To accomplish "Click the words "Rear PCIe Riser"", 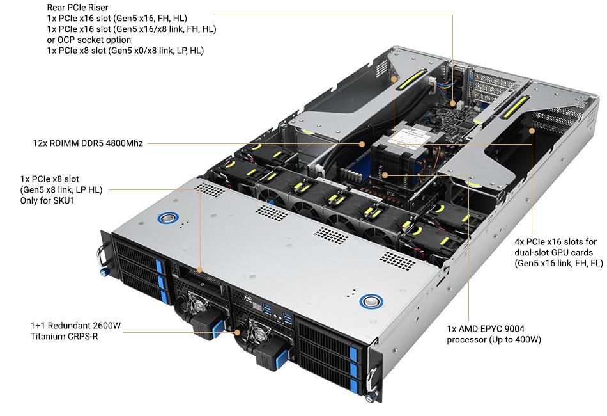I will pos(77,8).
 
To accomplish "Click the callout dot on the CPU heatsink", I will pos(385,173).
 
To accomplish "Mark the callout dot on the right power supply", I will pos(238,332).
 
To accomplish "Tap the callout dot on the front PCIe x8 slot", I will pos(200,269).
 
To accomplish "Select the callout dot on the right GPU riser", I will pos(532,131).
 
